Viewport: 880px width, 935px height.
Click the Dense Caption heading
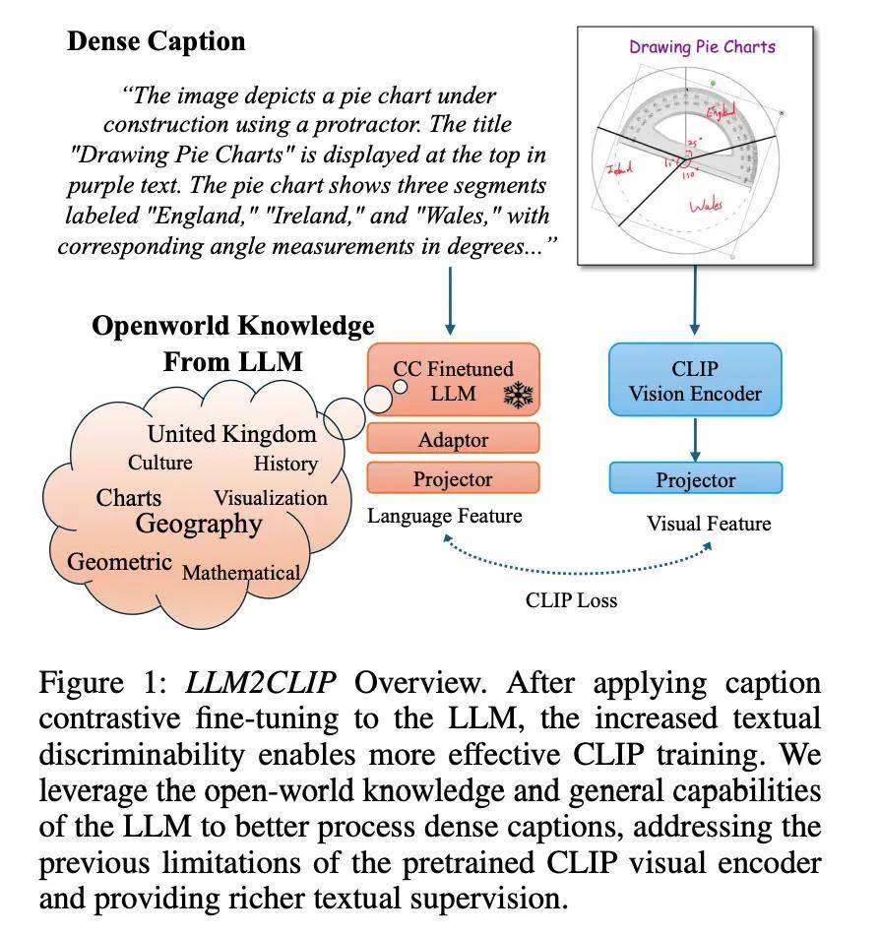[156, 41]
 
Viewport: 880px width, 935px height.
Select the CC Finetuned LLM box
[453, 381]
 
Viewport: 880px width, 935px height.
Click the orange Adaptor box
[453, 439]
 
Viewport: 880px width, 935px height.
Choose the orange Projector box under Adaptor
[453, 479]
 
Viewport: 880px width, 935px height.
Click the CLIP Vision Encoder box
[695, 381]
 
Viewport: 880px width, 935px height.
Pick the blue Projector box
[695, 480]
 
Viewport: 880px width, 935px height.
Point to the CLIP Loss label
[571, 600]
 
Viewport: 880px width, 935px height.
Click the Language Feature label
[445, 516]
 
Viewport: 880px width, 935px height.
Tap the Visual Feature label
[708, 524]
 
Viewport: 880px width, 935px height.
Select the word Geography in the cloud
[199, 524]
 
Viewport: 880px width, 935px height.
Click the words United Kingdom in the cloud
[232, 434]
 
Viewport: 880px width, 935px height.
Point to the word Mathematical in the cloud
[241, 573]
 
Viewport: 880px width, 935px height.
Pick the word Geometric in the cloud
[119, 563]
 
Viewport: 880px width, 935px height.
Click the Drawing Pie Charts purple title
[702, 46]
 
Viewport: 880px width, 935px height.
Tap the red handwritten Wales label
[706, 206]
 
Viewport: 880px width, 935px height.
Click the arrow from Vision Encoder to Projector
[695, 439]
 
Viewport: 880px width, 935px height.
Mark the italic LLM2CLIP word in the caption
[260, 682]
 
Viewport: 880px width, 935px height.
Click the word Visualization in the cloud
[270, 498]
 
